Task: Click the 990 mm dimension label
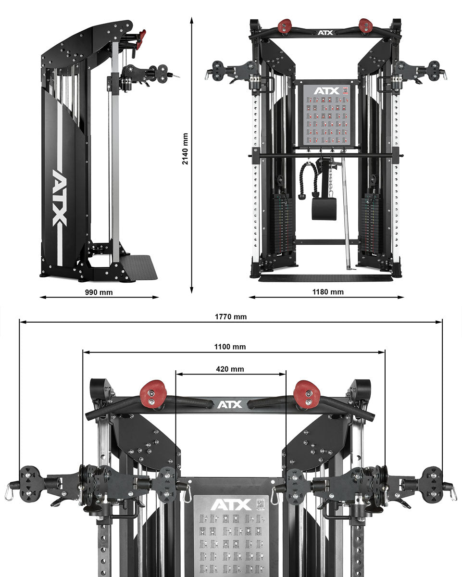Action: click(99, 292)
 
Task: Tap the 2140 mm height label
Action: click(185, 149)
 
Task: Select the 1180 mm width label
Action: click(328, 292)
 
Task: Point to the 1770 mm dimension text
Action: click(230, 316)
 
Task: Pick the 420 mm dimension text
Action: click(230, 369)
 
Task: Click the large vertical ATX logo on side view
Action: click(59, 197)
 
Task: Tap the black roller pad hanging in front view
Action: click(322, 208)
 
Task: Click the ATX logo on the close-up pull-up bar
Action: click(230, 404)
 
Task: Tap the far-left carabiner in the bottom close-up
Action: click(9, 492)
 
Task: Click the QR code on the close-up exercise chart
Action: click(261, 504)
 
